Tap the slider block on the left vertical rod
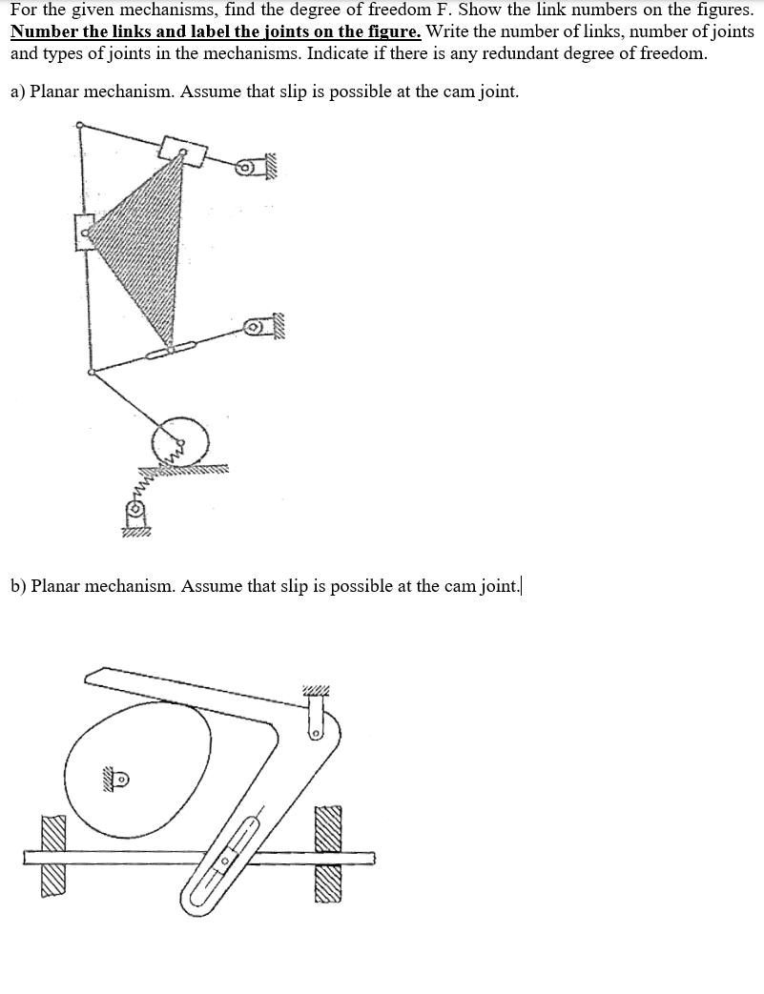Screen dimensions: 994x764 (x=83, y=231)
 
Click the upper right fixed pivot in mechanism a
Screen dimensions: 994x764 (x=246, y=169)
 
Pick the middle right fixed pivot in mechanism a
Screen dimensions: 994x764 (x=254, y=328)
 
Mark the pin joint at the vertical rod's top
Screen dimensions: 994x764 (x=80, y=124)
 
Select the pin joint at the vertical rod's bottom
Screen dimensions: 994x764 (x=90, y=373)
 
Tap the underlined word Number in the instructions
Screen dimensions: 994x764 (x=41, y=31)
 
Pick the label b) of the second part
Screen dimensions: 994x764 (x=18, y=585)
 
